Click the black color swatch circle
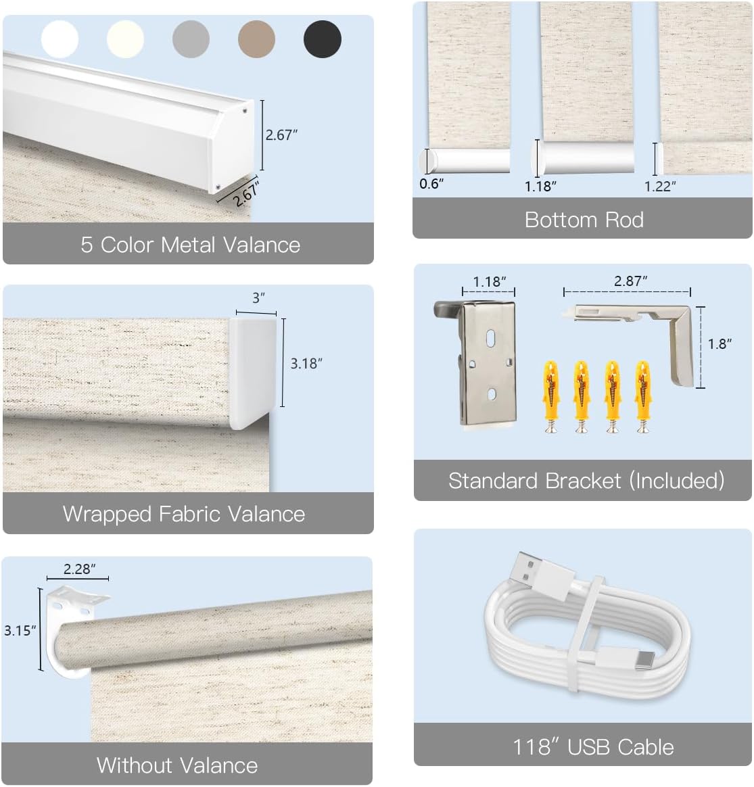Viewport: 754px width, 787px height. click(x=323, y=39)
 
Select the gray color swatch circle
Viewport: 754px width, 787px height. click(x=191, y=39)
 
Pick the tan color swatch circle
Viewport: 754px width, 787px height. click(x=257, y=39)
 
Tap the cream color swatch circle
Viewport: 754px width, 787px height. click(x=125, y=39)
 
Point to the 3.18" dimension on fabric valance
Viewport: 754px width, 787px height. click(x=306, y=364)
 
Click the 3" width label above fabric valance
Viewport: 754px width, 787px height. click(x=258, y=298)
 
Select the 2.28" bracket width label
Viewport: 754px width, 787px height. click(x=78, y=569)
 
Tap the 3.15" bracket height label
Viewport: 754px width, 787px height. click(x=20, y=631)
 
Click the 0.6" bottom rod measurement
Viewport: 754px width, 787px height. click(x=431, y=184)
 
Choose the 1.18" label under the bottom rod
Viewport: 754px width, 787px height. click(x=540, y=185)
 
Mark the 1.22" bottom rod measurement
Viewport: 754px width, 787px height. click(x=659, y=186)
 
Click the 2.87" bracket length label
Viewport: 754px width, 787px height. click(x=630, y=281)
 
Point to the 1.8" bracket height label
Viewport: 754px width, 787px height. click(x=720, y=344)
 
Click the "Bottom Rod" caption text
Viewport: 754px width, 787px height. click(x=584, y=220)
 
